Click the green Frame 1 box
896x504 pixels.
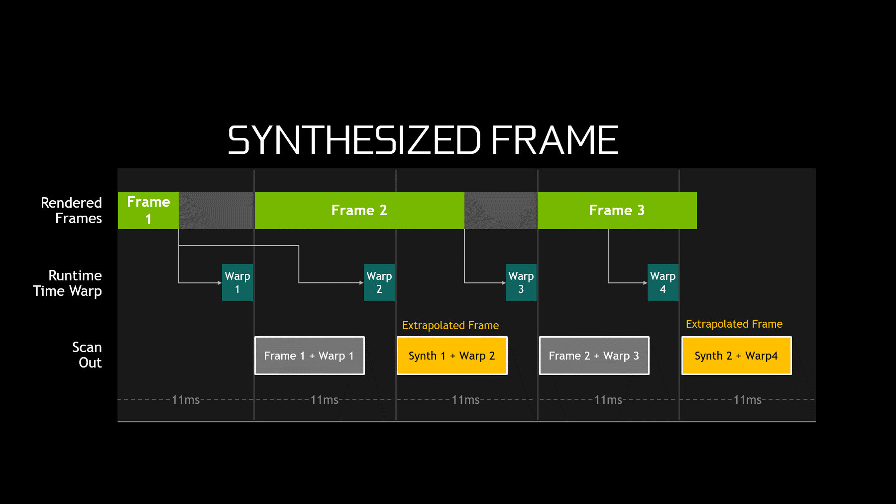point(148,210)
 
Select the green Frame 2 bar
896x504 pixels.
point(359,210)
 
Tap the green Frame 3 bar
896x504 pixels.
point(617,210)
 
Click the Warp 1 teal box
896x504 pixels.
point(237,282)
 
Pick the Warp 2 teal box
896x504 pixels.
point(379,282)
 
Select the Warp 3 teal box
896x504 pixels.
point(521,282)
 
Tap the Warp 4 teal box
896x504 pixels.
point(663,282)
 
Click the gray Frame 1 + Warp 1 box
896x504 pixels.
point(309,356)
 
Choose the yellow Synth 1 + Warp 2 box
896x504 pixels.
point(451,356)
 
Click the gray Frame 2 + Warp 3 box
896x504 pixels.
point(594,356)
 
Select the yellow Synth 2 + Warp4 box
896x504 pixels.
point(736,356)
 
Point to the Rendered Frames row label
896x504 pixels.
point(72,210)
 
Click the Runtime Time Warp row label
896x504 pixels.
point(68,283)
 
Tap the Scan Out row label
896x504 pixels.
point(87,355)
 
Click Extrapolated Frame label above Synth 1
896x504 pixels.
point(450,325)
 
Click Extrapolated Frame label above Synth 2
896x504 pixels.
point(734,324)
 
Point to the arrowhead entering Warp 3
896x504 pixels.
point(503,283)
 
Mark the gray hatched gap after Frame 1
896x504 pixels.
point(217,210)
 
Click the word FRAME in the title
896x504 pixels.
point(555,140)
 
